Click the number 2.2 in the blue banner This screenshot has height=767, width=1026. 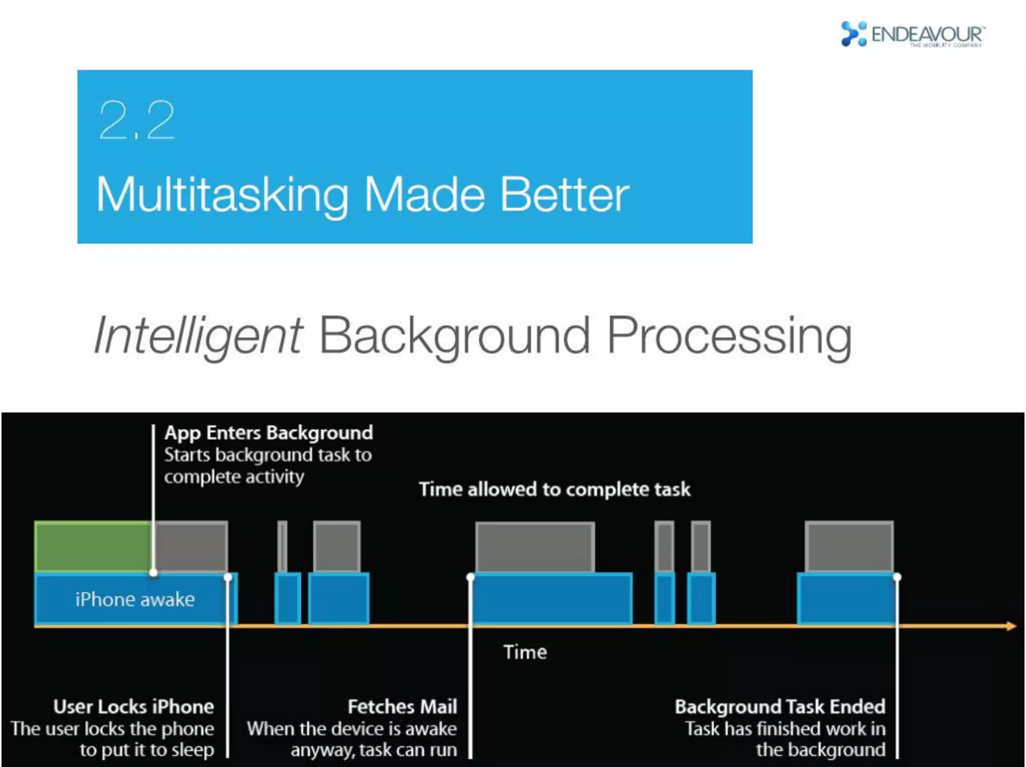tap(136, 120)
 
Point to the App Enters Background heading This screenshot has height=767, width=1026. tap(269, 432)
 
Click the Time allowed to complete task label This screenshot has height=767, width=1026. tap(555, 489)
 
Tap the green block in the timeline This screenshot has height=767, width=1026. tap(93, 547)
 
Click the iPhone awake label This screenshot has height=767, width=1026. tap(135, 599)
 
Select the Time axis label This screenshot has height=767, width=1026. tap(525, 652)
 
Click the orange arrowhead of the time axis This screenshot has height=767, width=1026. tap(1011, 626)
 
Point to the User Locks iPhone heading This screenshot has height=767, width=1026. tap(134, 706)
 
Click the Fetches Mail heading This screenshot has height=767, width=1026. tap(402, 706)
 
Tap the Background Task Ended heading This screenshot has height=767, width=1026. tap(780, 706)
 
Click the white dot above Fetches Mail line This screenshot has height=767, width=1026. tap(470, 577)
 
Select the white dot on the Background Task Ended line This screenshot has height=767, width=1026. tap(897, 577)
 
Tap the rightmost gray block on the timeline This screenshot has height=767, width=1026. tap(849, 547)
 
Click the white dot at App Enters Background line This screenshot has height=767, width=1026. tap(154, 572)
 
